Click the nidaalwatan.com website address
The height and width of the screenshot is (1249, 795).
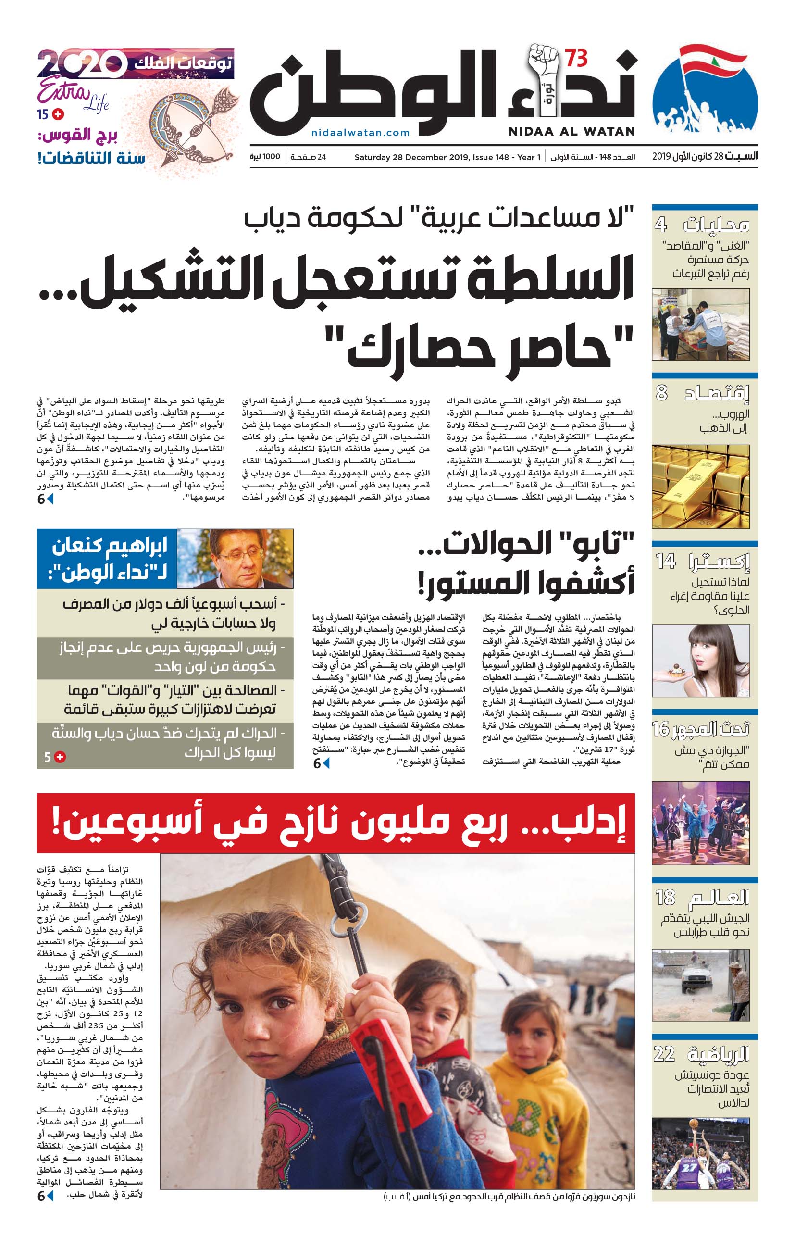(360, 133)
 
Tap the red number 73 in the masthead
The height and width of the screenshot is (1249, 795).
(576, 59)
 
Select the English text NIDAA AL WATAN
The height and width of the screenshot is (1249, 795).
(571, 132)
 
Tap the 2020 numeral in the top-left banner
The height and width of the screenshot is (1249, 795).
(81, 64)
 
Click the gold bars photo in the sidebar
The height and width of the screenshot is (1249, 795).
(700, 486)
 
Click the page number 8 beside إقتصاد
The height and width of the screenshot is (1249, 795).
(661, 393)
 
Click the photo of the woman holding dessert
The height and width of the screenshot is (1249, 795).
(700, 660)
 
